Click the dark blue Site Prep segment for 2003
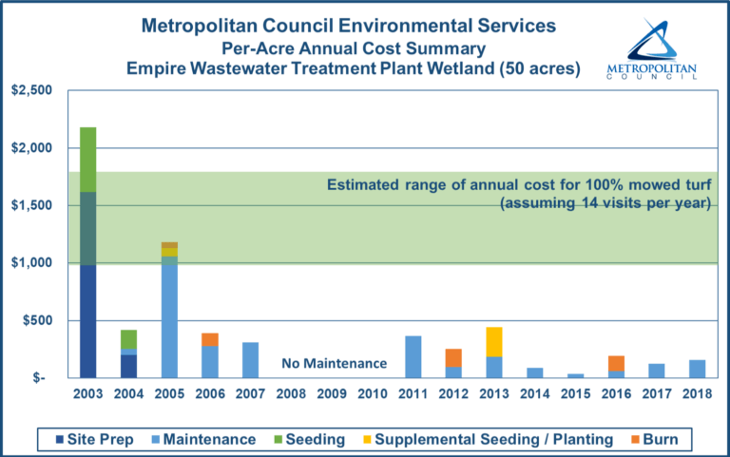87,320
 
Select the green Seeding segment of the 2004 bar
128,339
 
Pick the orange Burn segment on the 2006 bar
210,339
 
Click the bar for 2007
251,359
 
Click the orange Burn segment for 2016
617,363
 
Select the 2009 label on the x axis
332,392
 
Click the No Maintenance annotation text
334,363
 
